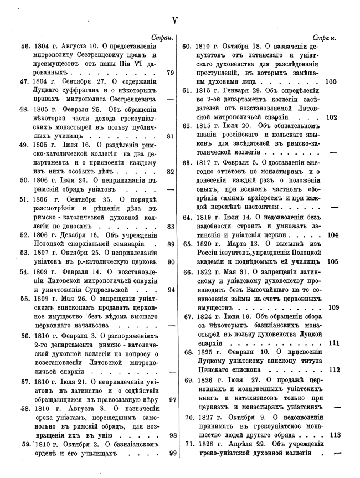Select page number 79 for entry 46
tap(171, 73)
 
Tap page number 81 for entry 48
tap(171, 136)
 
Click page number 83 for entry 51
tap(171, 226)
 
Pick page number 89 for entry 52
tap(171, 244)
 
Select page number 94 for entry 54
tap(171, 290)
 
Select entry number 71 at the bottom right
tap(188, 444)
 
